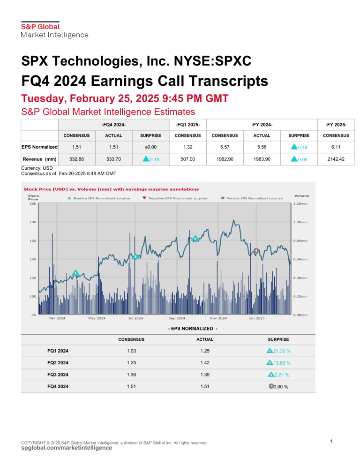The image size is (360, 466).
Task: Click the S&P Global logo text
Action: [x=40, y=27]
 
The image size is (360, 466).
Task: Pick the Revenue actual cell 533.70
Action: [x=113, y=159]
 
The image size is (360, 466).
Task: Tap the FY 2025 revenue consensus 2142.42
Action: [x=335, y=159]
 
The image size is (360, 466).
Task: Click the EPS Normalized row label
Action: [x=39, y=147]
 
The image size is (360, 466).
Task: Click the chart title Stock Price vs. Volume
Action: [x=111, y=189]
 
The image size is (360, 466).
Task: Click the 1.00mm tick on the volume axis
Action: [x=300, y=222]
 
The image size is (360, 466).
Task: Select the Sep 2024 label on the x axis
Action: [x=177, y=318]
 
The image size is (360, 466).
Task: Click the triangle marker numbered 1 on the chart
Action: [x=75, y=273]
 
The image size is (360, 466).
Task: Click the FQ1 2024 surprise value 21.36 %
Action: [x=278, y=351]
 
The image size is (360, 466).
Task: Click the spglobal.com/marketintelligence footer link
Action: [x=67, y=448]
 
